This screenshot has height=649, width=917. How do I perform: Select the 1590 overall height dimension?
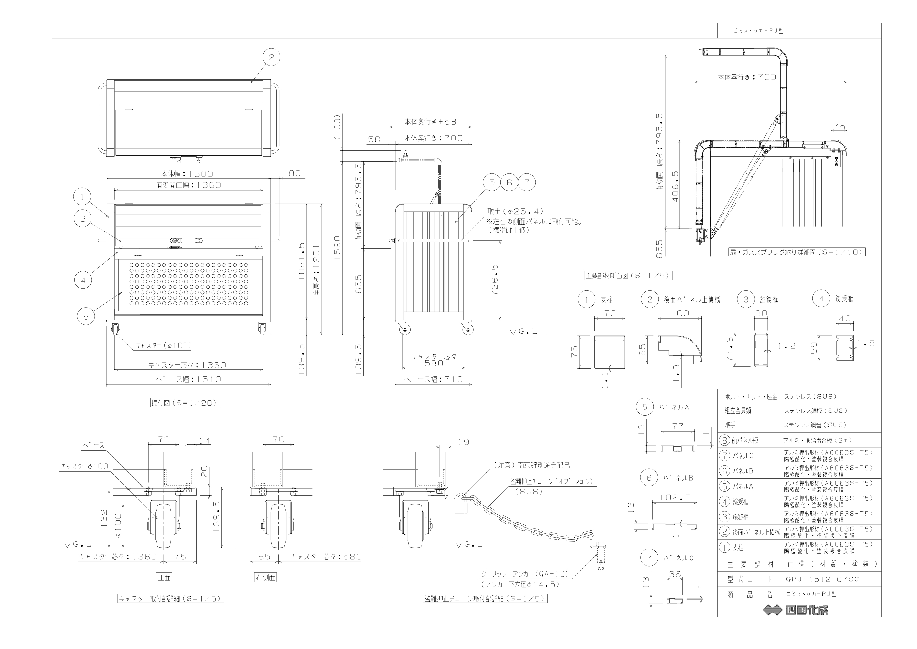pyautogui.click(x=337, y=248)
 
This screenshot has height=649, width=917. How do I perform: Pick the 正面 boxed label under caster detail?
pyautogui.click(x=164, y=577)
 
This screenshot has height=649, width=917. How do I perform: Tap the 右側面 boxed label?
pyautogui.click(x=265, y=577)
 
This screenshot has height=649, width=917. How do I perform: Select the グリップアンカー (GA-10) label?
pyautogui.click(x=524, y=574)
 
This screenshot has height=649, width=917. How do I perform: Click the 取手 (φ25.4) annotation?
pyautogui.click(x=515, y=212)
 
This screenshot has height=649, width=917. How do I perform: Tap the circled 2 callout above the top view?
pyautogui.click(x=271, y=57)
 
